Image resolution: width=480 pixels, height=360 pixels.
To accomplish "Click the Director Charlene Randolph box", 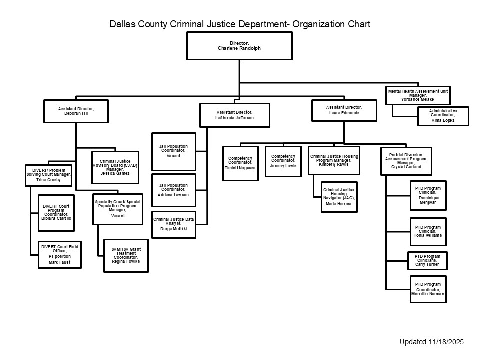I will pyautogui.click(x=238, y=46).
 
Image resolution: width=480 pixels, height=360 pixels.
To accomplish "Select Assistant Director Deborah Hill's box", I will pyautogui.click(x=76, y=111).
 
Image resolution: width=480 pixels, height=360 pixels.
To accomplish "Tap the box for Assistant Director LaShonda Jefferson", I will pyautogui.click(x=235, y=115).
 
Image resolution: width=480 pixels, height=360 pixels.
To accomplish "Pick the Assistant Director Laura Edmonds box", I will pyautogui.click(x=344, y=110).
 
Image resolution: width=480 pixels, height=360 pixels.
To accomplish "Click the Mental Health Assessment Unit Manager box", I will pyautogui.click(x=418, y=95).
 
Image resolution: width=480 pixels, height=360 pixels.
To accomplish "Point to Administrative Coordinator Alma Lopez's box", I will pyautogui.click(x=442, y=116).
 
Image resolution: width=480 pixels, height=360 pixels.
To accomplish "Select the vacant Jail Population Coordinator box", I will pyautogui.click(x=173, y=151).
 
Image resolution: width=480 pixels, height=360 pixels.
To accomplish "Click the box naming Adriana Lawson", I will pyautogui.click(x=173, y=190).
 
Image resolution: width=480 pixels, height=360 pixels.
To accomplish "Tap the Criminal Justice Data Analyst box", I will pyautogui.click(x=173, y=224).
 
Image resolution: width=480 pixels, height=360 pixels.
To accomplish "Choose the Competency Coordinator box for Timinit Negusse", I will pyautogui.click(x=240, y=161).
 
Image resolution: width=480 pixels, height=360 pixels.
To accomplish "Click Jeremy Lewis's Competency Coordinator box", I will pyautogui.click(x=283, y=161).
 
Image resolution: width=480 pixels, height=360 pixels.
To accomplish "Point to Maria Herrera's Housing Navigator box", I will pyautogui.click(x=340, y=196).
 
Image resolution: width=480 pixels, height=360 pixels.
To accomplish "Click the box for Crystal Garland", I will pyautogui.click(x=406, y=160).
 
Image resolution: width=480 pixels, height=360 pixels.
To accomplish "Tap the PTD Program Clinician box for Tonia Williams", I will pyautogui.click(x=428, y=231).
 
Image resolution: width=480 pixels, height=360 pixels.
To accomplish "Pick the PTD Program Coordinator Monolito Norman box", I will pyautogui.click(x=428, y=289).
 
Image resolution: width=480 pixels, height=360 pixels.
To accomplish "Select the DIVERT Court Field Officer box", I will pyautogui.click(x=60, y=254).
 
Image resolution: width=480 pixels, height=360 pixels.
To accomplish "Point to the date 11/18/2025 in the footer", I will pyautogui.click(x=446, y=342).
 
